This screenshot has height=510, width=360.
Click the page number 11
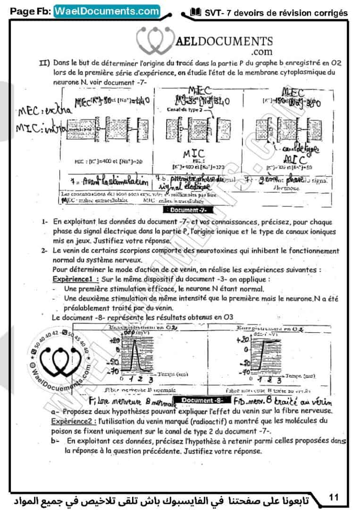[x=334, y=497]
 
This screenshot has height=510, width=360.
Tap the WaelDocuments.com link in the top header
[x=107, y=11]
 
